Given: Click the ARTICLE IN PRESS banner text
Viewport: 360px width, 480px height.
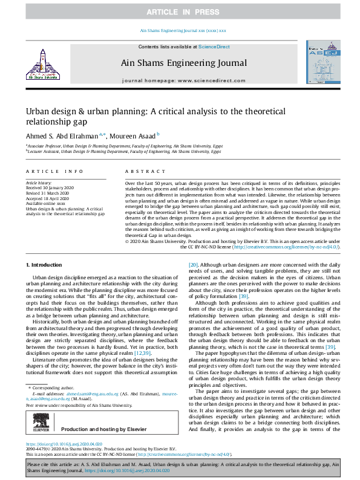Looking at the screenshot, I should pyautogui.click(x=180, y=11).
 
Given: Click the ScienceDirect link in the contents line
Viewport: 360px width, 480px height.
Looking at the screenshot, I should pyautogui.click(x=214, y=47).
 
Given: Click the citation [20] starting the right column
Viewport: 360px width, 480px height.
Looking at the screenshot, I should pyautogui.click(x=193, y=265).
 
